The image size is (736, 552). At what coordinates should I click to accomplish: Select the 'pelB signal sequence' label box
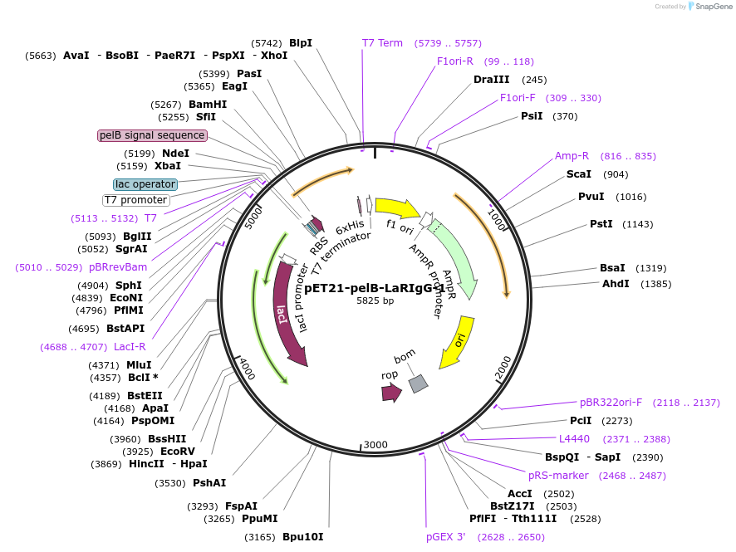click(152, 135)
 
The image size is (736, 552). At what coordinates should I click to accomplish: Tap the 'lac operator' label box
click(145, 184)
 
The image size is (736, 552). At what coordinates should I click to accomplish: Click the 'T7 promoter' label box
click(136, 200)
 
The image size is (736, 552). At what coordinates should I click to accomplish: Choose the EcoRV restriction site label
click(177, 452)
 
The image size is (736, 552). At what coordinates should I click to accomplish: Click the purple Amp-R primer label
click(572, 156)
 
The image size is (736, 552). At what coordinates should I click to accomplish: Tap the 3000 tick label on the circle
click(375, 445)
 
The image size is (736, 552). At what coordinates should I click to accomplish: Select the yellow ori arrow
click(458, 340)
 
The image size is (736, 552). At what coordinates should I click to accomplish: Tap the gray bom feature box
click(418, 383)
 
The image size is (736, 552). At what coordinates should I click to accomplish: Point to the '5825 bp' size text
click(375, 301)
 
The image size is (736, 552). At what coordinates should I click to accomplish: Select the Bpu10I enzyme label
click(302, 537)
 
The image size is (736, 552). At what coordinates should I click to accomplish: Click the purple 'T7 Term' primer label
click(382, 43)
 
